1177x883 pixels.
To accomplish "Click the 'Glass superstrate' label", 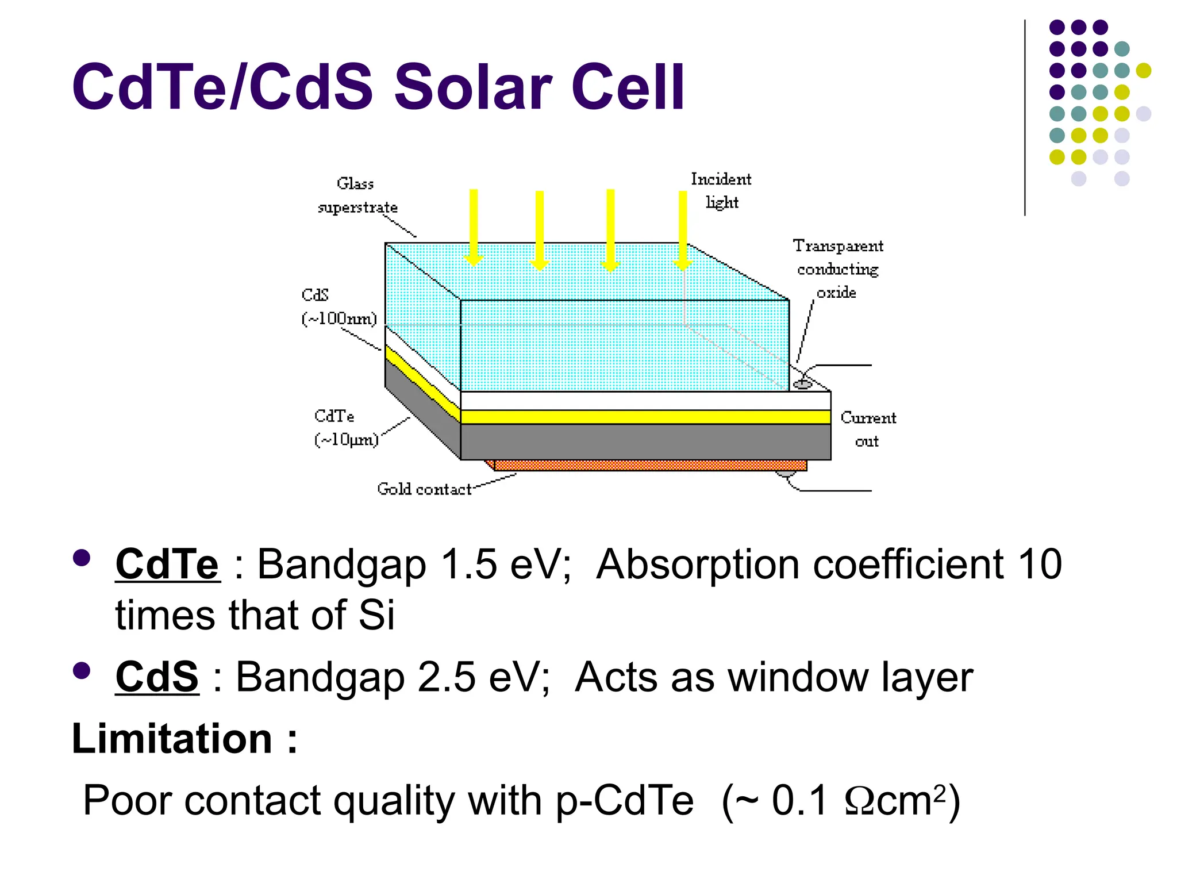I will coord(357,195).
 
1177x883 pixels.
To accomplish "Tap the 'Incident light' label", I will coord(721,191).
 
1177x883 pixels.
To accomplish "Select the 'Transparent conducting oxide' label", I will coord(838,269).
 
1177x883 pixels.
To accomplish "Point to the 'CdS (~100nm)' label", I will coord(339,307).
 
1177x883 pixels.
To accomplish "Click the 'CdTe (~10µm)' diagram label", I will coord(346,428).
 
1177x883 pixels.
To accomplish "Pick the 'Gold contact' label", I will coord(424,489).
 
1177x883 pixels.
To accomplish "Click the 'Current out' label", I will coord(868,429).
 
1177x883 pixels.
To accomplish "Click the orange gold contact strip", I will coord(649,465).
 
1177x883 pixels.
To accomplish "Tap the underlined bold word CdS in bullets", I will coord(157,677).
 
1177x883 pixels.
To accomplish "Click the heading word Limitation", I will coord(172,738).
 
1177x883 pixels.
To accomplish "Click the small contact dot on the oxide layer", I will coord(802,384).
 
